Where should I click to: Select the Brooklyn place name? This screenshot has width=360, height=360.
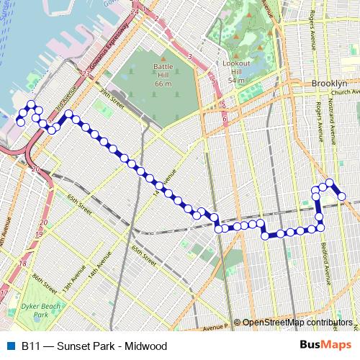click(330, 84)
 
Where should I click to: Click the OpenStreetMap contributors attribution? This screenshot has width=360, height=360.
click(297, 323)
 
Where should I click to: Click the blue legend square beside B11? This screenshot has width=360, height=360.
click(9, 346)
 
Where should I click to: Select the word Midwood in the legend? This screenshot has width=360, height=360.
click(144, 346)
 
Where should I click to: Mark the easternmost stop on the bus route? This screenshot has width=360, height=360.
click(342, 196)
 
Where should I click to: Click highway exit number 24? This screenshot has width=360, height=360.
click(134, 13)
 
